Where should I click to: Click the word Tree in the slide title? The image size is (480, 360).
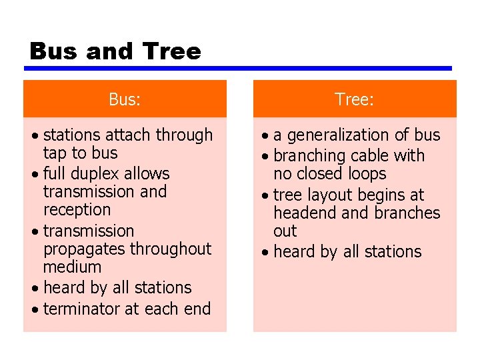pyautogui.click(x=171, y=51)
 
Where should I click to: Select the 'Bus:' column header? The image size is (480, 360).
pyautogui.click(x=125, y=99)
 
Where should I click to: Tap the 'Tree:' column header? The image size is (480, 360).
pyautogui.click(x=354, y=99)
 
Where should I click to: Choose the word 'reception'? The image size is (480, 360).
pyautogui.click(x=77, y=210)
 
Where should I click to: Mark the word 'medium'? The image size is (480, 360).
pyautogui.click(x=72, y=267)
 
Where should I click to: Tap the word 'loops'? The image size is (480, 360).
pyautogui.click(x=367, y=174)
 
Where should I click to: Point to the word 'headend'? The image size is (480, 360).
pyautogui.click(x=305, y=213)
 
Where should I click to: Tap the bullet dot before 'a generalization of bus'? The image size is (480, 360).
pyautogui.click(x=265, y=137)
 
